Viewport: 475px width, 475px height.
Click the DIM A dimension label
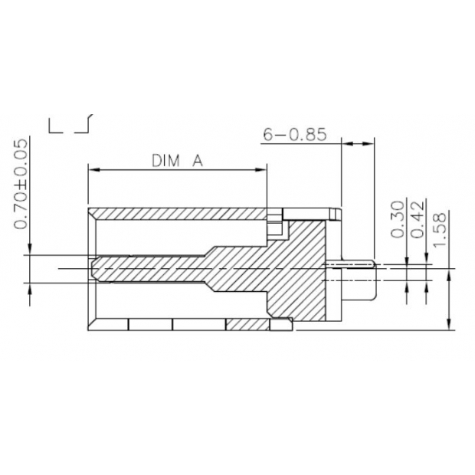176,161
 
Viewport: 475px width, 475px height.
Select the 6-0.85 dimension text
295,135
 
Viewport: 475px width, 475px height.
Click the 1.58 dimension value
438,228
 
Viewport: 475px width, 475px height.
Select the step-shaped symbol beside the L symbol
84,124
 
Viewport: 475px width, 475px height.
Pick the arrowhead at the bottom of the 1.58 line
447,325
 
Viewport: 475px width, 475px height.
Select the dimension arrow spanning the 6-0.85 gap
357,142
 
